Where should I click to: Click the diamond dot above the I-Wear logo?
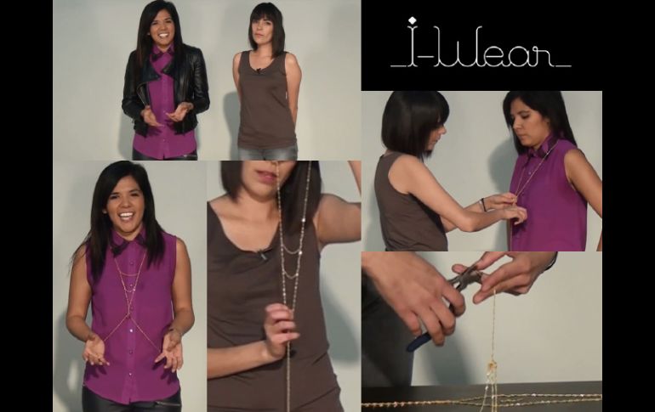[x=412, y=20]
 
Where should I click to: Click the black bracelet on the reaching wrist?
[x=484, y=205]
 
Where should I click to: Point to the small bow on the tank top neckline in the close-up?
[x=262, y=254]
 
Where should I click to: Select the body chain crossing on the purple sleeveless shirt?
[x=130, y=308]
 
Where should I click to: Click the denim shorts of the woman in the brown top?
[x=268, y=152]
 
